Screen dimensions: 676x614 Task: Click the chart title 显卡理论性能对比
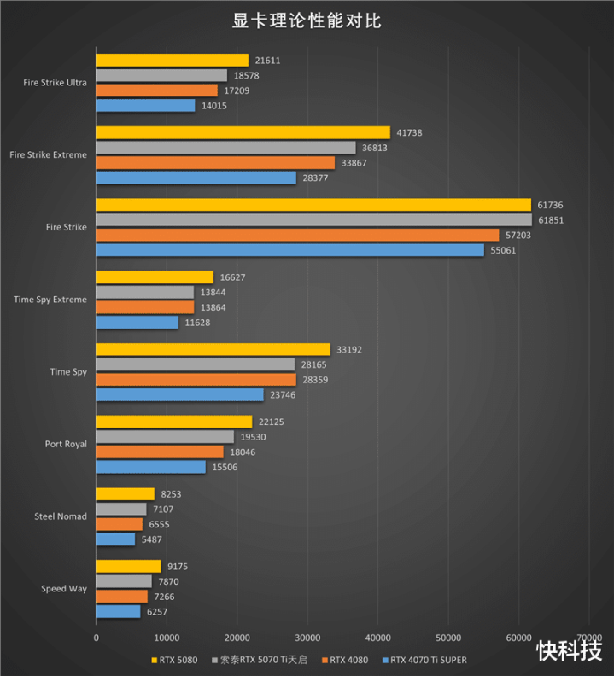point(307,21)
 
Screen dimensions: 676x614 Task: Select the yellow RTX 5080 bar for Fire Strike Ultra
point(173,61)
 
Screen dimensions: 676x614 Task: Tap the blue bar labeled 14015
point(145,105)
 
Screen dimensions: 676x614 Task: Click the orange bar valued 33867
point(215,162)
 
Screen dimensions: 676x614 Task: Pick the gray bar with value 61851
point(313,220)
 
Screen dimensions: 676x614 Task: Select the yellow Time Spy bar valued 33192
point(213,349)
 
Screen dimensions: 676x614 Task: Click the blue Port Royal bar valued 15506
point(150,467)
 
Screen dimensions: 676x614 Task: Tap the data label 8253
point(170,493)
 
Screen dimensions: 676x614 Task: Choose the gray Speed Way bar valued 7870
point(124,581)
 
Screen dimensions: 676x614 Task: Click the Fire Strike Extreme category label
point(48,155)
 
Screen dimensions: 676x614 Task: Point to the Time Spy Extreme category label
point(50,300)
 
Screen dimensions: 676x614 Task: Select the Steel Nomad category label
point(61,516)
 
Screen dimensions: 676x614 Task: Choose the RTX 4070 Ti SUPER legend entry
point(429,660)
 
